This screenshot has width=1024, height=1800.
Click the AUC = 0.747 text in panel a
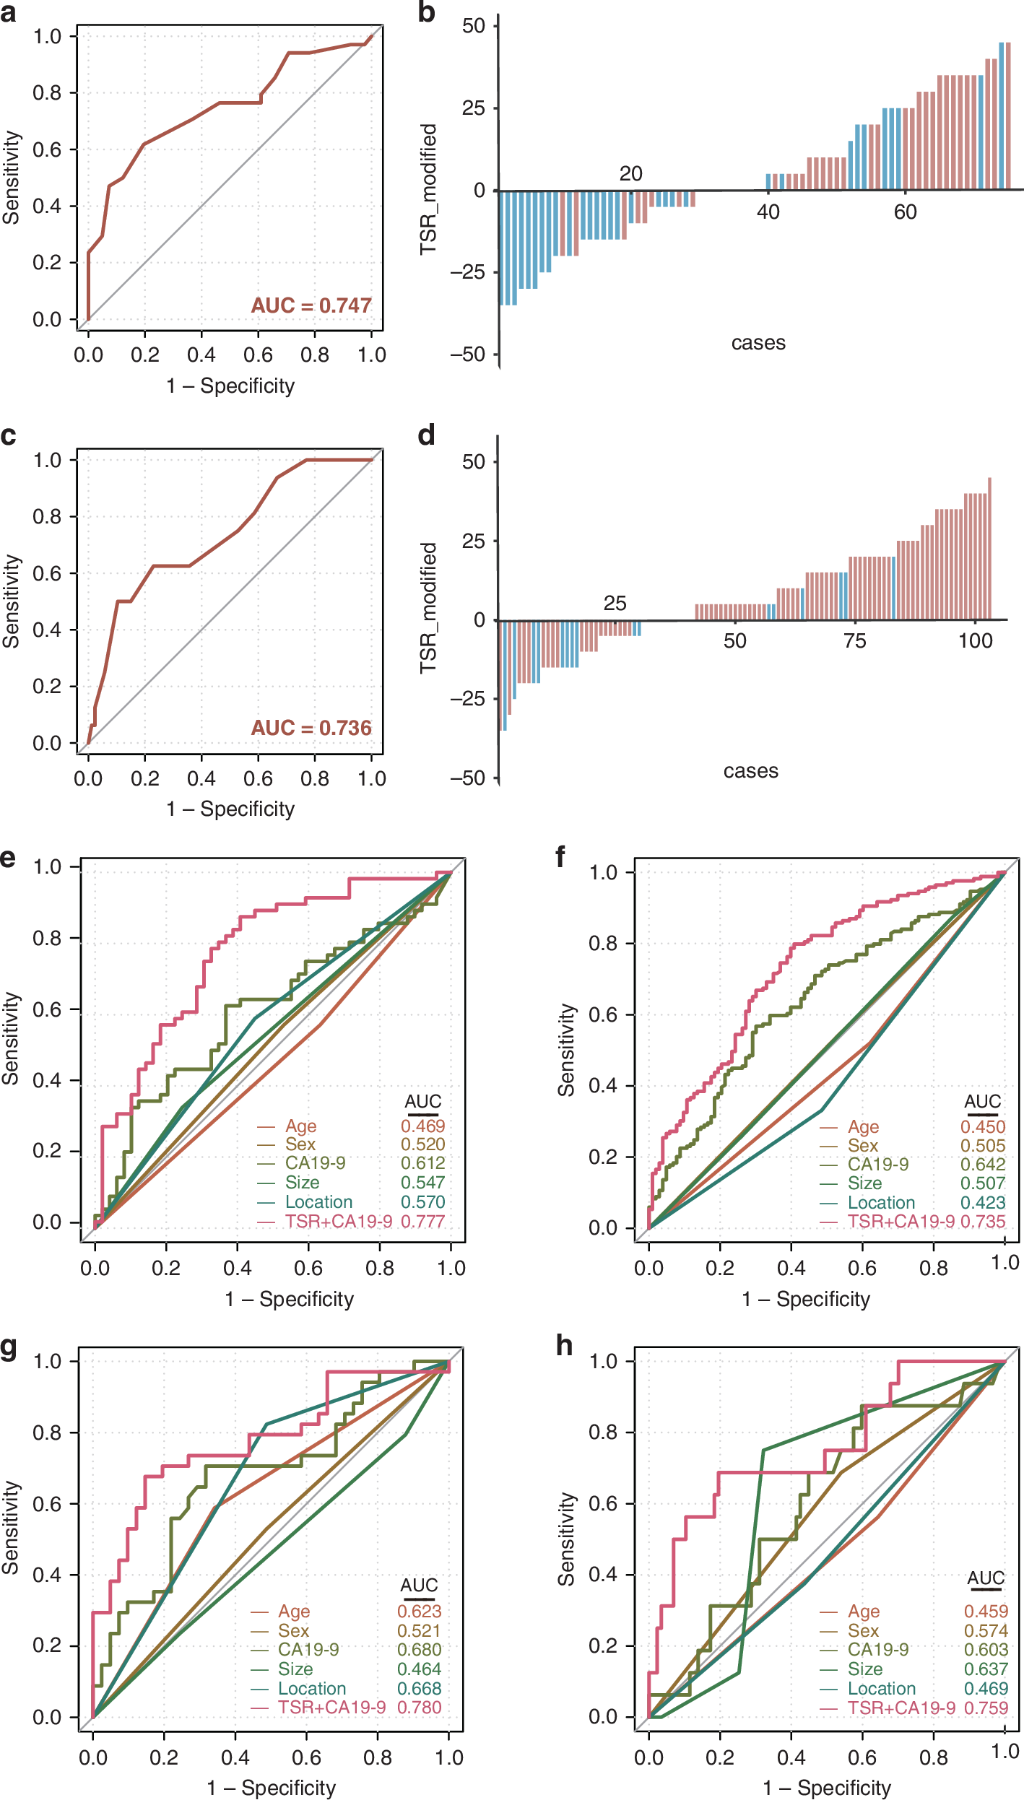(x=311, y=305)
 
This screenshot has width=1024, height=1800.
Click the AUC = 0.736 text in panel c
(x=311, y=728)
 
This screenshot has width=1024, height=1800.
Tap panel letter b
(x=426, y=12)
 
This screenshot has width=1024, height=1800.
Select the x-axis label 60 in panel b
(x=905, y=212)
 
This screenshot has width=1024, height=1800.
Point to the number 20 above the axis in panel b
(x=630, y=173)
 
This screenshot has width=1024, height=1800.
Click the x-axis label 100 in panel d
(x=976, y=640)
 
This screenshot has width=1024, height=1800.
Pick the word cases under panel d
(x=751, y=771)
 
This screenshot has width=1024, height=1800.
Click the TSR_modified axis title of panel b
(x=429, y=189)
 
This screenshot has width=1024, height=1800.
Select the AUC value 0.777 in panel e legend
(x=423, y=1221)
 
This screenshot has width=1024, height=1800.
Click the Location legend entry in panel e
(x=318, y=1201)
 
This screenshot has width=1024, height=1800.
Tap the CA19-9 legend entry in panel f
(x=878, y=1164)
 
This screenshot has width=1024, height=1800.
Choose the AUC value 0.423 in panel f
(x=983, y=1202)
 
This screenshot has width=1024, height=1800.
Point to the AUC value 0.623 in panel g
(x=420, y=1611)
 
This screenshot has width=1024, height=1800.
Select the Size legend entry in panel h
(x=865, y=1669)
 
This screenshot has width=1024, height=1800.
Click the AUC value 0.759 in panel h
(x=986, y=1708)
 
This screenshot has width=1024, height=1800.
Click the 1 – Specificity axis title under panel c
(x=230, y=809)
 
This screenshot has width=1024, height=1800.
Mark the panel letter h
(x=565, y=1346)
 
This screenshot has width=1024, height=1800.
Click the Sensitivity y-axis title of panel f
(x=567, y=1051)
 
